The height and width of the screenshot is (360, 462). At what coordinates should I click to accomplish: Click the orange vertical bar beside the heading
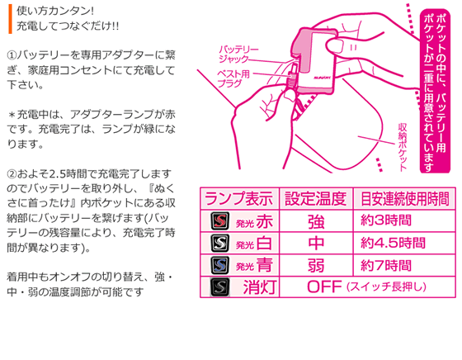point(10,19)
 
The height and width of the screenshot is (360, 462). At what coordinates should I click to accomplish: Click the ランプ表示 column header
point(239,198)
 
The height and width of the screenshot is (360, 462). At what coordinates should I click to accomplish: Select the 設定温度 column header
point(315,198)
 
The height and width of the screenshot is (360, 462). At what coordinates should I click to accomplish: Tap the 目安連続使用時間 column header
point(405,198)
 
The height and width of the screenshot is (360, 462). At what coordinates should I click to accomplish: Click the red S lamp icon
point(219,220)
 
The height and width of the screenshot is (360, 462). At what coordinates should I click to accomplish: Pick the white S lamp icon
point(219,243)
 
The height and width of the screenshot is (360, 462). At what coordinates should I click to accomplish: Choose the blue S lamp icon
point(219,265)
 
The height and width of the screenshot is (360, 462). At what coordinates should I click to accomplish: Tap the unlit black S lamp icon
point(219,287)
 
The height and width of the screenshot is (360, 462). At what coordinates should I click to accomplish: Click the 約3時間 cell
point(386,220)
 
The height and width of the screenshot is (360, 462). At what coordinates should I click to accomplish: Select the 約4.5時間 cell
point(393,244)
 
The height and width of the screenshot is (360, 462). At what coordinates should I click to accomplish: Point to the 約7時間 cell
point(386,266)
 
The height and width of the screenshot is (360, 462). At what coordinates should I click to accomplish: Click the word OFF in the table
point(324,287)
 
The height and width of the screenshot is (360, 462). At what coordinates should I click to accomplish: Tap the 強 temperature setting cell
point(316,222)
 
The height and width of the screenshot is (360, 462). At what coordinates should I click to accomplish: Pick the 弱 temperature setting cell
point(316,266)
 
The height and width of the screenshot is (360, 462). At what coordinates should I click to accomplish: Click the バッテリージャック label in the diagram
point(238,54)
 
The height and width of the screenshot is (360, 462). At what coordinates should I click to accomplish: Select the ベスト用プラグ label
point(233,78)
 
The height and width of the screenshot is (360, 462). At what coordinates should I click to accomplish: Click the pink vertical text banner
point(435,91)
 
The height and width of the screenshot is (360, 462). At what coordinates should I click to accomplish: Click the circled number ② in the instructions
point(12,174)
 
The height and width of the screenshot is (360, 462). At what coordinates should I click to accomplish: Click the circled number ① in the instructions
point(12,55)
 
